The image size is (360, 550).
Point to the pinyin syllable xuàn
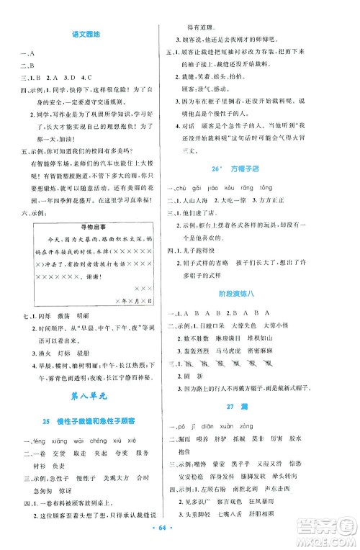pos(246,453)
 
